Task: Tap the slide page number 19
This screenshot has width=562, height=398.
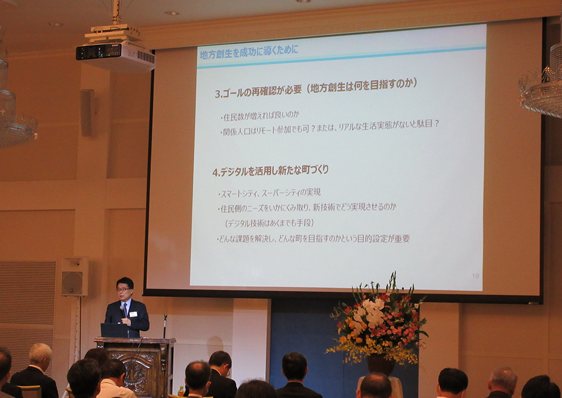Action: [x=475, y=276]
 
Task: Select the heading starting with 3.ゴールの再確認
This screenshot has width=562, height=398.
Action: [x=316, y=88]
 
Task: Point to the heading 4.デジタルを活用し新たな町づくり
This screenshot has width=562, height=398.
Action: [x=270, y=171]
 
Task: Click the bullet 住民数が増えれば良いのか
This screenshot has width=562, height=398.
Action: [x=259, y=116]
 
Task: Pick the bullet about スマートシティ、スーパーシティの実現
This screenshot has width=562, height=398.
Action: [x=269, y=193]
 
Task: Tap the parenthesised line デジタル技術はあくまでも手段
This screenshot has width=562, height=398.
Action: [x=269, y=223]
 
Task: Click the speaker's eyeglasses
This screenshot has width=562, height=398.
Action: [x=124, y=289]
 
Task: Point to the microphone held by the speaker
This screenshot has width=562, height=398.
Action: [x=124, y=311]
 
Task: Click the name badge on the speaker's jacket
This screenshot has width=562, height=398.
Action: [x=133, y=314]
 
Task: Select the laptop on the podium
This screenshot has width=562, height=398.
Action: [x=115, y=330]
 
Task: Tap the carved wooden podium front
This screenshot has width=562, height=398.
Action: [x=135, y=369]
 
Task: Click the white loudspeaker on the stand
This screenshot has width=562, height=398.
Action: [x=74, y=276]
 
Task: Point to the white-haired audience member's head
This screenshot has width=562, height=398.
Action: [x=40, y=354]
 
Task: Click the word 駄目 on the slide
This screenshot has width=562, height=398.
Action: [x=425, y=123]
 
